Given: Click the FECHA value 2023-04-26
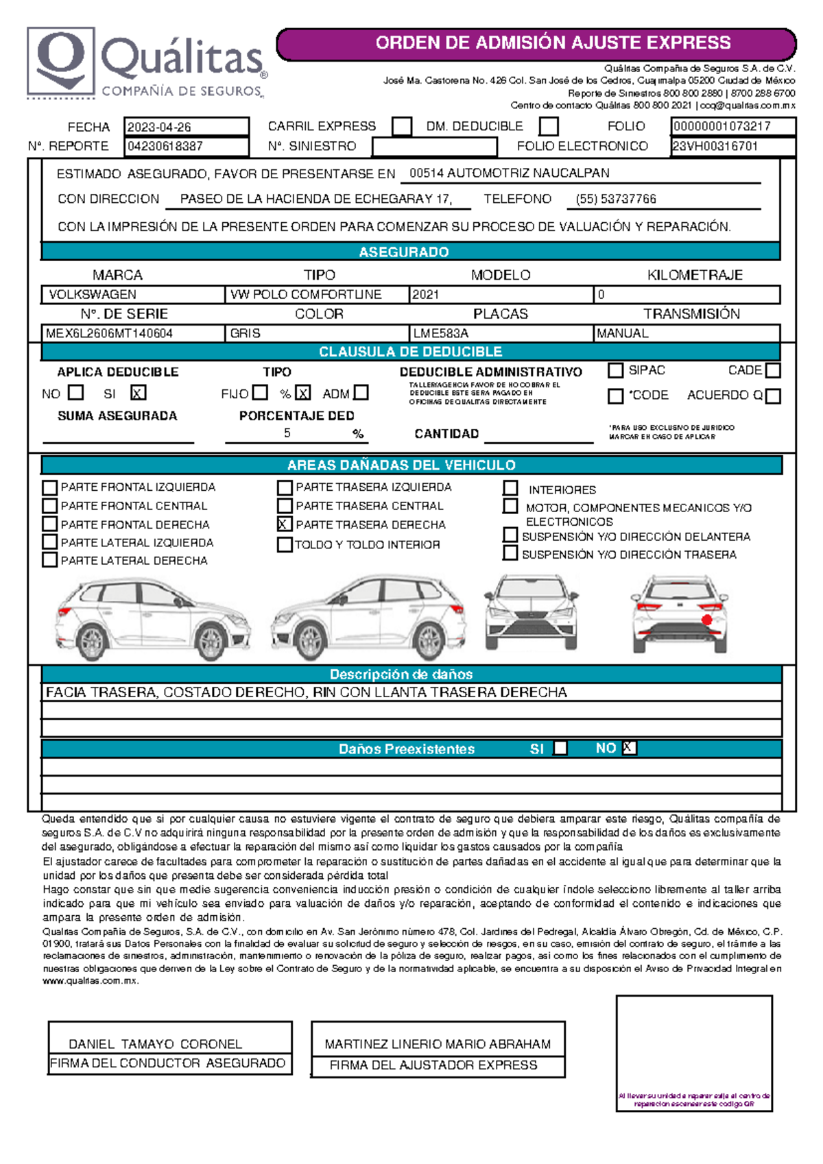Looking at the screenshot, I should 159,127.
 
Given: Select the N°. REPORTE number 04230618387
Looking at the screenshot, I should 165,146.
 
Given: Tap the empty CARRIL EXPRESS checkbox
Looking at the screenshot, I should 402,126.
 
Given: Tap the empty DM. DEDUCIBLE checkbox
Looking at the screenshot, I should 548,126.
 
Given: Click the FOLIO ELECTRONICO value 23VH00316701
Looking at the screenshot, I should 715,146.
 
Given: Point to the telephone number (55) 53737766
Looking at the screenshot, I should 616,199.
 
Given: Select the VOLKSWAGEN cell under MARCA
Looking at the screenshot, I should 93,294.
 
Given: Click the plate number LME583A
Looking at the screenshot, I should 440,333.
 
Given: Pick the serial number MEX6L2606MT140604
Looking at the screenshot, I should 109,333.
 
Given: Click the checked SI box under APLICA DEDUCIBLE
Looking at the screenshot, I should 138,393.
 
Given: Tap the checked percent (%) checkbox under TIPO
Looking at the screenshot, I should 303,393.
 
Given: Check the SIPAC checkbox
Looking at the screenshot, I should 615,370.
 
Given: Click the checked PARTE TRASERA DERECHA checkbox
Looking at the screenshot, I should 284,524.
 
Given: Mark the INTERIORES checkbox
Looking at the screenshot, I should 510,488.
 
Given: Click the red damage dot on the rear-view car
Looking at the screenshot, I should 706,620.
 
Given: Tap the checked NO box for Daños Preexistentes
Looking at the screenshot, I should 629,748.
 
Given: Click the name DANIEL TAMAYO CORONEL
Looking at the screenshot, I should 155,1044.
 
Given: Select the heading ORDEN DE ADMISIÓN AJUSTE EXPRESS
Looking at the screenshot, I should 553,43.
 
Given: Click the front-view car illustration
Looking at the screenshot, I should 531,611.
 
